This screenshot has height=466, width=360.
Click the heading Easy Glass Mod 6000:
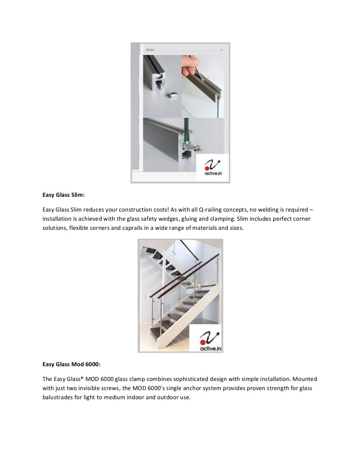pos(71,364)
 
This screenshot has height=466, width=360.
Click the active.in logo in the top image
pos(212,168)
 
